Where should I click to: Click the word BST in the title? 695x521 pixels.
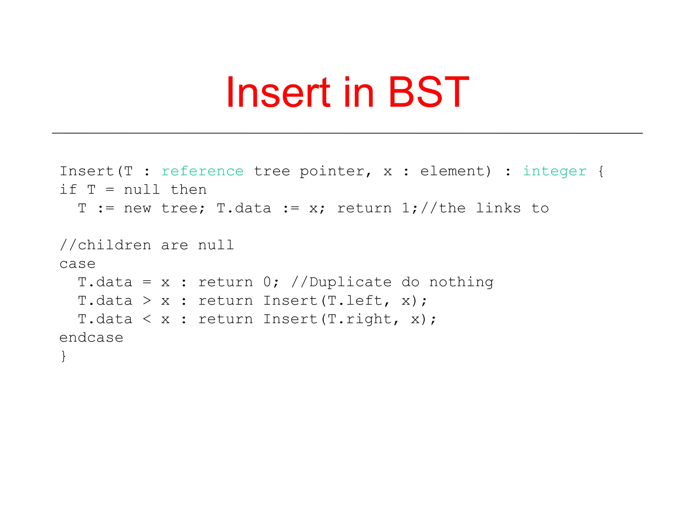(429, 92)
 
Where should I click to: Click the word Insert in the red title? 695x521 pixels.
(278, 92)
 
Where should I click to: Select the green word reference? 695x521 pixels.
(202, 171)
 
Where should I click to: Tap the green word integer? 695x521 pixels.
(555, 171)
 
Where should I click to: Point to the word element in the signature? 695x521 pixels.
(455, 171)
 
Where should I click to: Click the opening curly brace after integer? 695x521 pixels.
(601, 171)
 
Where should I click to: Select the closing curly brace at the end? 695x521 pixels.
(63, 356)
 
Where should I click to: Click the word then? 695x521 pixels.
(188, 190)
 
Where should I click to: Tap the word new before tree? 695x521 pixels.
(137, 208)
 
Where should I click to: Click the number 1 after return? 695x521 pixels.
(406, 208)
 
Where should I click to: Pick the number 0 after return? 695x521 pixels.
(267, 282)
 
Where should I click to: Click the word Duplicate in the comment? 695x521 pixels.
(350, 282)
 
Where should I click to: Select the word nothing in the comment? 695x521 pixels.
(461, 282)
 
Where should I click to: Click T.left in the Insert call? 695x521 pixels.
(355, 301)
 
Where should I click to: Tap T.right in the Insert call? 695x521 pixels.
(360, 319)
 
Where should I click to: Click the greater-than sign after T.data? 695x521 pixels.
(147, 301)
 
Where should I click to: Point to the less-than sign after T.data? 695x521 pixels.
(147, 319)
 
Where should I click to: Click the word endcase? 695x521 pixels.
(91, 338)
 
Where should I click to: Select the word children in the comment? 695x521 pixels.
(114, 245)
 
